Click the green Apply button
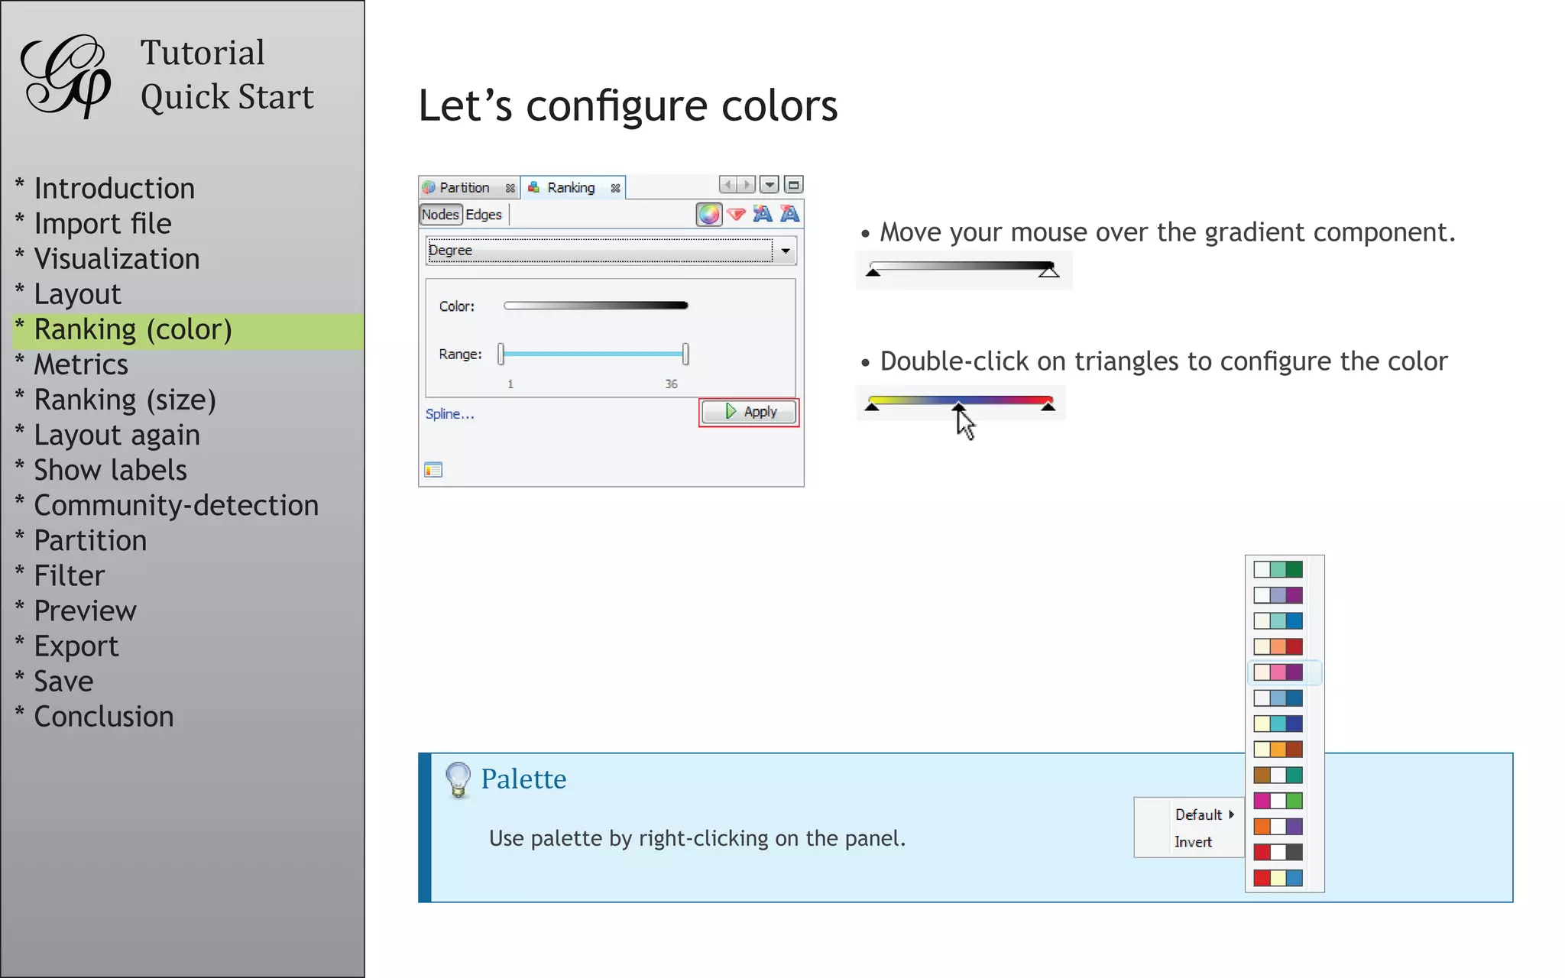coord(749,412)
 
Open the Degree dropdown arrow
coord(785,251)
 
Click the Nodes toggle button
coord(440,215)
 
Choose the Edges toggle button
coord(484,215)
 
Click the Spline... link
coord(449,414)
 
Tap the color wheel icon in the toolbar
coord(708,215)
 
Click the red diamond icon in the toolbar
coord(736,215)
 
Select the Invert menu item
coord(1193,842)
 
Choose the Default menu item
coord(1199,814)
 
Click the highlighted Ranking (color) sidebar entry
coord(133,330)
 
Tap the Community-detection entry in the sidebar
coord(176,506)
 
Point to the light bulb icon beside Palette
coord(458,779)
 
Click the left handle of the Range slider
coord(501,354)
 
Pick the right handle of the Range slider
coord(685,354)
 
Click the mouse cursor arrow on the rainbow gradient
coord(965,423)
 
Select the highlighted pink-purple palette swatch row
coord(1278,672)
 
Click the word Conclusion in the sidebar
coord(104,717)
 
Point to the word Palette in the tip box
coord(523,779)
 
